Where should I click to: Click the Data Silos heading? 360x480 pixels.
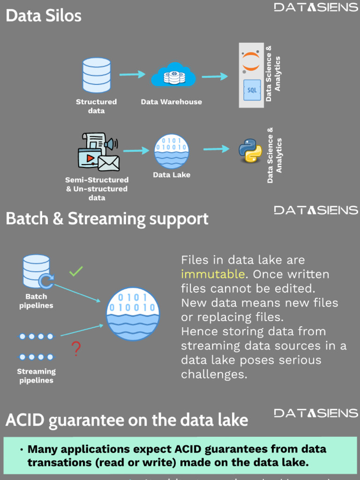[44, 15]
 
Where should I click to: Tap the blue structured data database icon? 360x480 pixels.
[97, 75]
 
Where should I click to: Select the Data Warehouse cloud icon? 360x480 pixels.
[173, 76]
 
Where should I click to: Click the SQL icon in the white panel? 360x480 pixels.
[252, 90]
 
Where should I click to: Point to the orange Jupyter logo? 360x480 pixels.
[251, 61]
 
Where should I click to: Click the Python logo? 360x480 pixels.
[250, 150]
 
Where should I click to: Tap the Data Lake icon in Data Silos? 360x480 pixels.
[172, 151]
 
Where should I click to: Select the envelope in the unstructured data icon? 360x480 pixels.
[109, 163]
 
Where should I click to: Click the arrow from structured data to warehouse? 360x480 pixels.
[132, 74]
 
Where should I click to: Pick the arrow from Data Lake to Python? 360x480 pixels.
[216, 149]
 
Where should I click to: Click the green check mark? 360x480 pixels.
[76, 271]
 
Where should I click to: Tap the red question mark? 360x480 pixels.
[76, 349]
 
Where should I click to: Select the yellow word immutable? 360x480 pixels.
[213, 274]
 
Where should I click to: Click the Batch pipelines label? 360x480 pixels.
[36, 301]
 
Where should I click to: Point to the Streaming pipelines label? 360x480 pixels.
[36, 376]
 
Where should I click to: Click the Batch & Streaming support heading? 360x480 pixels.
[107, 219]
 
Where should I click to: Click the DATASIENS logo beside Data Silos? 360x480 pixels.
[316, 7]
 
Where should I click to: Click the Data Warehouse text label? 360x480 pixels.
[172, 102]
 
